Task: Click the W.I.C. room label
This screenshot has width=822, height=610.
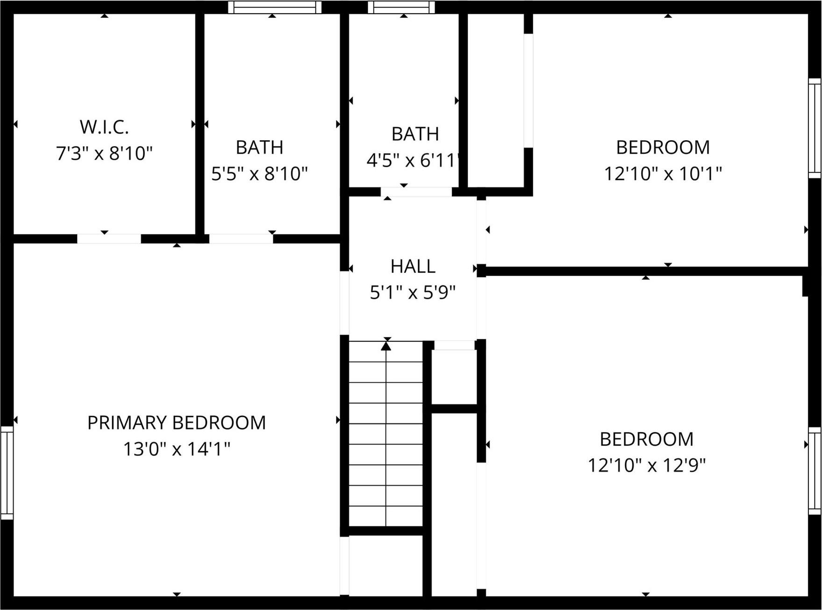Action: (104, 127)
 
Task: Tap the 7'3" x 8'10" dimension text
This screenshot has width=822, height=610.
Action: (104, 153)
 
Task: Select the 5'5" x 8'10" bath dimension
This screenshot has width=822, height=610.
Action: (259, 174)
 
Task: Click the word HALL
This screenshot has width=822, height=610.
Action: (413, 266)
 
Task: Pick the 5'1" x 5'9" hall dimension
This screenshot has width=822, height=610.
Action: (413, 293)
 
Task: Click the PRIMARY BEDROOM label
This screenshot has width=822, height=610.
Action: (177, 423)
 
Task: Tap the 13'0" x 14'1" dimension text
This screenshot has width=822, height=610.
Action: (177, 449)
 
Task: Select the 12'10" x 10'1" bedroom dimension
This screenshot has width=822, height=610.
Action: (663, 174)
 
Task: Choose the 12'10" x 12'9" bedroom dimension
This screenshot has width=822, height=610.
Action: (646, 465)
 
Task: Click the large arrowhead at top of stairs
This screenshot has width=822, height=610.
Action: (386, 346)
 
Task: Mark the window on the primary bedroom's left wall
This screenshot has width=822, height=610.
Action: (7, 472)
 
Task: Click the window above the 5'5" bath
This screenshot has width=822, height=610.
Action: (275, 7)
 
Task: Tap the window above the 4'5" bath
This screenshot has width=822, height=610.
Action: (401, 7)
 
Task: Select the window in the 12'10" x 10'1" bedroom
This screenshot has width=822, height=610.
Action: (815, 128)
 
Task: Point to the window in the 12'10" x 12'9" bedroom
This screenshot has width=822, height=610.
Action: (815, 471)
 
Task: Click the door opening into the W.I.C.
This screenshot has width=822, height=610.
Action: (109, 239)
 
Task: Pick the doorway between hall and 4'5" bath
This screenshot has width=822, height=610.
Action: (416, 192)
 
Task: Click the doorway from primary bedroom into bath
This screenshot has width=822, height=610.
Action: (241, 239)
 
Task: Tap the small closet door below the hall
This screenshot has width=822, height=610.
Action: (454, 345)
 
